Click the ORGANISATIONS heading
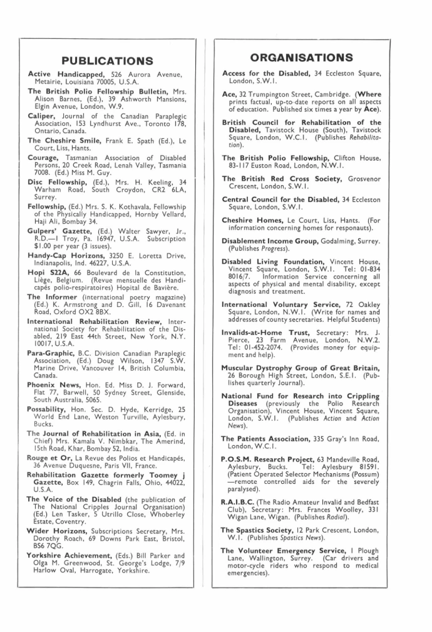coord(302,58)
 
